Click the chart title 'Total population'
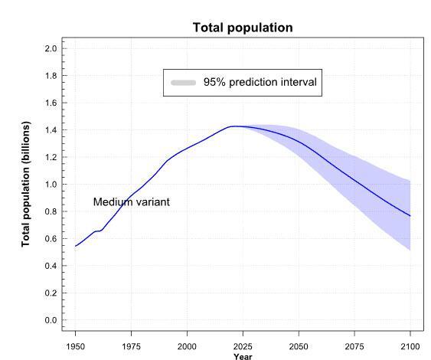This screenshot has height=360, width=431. (x=242, y=28)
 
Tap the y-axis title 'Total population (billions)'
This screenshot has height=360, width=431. (x=27, y=184)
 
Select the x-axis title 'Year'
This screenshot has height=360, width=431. (x=242, y=355)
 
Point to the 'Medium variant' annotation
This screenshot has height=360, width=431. (x=131, y=202)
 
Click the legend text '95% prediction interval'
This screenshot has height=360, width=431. (x=260, y=82)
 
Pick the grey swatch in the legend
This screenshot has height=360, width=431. (x=184, y=82)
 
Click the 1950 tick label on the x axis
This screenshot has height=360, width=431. (x=75, y=345)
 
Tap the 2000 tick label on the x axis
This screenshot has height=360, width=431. (x=187, y=345)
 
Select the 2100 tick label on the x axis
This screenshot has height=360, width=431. (x=410, y=345)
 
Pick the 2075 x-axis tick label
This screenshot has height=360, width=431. (x=354, y=345)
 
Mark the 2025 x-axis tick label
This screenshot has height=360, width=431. (x=243, y=345)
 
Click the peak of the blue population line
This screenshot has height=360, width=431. (x=234, y=126)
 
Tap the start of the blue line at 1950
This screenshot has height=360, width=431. (x=75, y=246)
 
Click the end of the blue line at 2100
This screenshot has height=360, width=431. (x=410, y=216)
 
